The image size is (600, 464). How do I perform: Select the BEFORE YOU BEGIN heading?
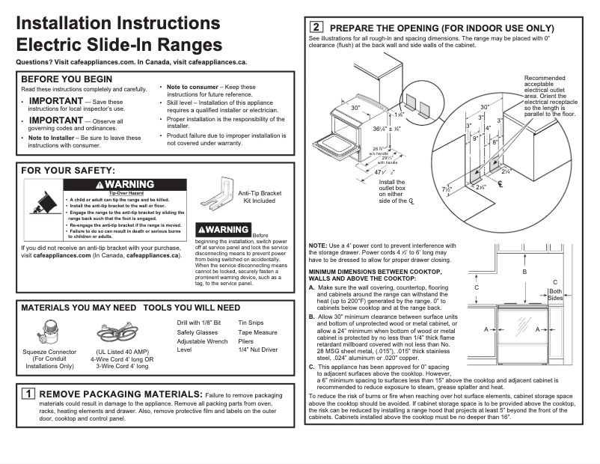(67, 79)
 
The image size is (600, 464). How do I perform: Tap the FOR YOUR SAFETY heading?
(68, 171)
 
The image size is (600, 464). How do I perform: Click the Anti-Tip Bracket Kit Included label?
(260, 197)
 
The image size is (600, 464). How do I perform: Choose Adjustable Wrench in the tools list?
(203, 341)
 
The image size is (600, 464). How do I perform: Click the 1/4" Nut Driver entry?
(258, 349)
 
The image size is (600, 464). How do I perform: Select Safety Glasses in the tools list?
(198, 332)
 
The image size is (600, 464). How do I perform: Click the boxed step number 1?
(28, 394)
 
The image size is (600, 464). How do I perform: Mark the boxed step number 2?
(316, 28)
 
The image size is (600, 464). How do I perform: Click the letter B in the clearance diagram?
(524, 272)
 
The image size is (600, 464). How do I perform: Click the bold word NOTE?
(317, 247)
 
